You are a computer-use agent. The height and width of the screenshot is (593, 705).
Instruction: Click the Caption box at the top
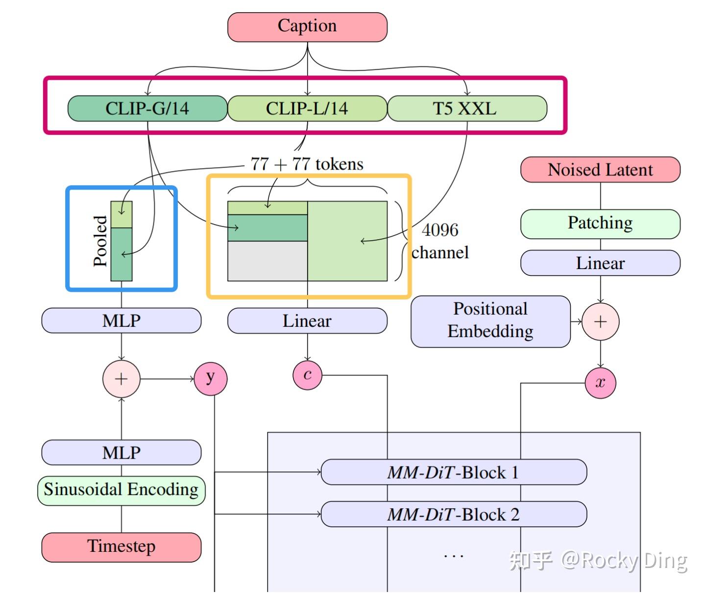point(307,27)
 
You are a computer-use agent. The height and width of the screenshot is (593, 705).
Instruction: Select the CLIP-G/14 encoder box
point(147,108)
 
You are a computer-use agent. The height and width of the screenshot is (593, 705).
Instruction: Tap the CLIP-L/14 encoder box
point(307,108)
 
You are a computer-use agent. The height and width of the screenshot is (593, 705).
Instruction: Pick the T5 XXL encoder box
point(466,108)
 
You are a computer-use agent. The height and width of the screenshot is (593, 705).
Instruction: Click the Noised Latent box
point(600,170)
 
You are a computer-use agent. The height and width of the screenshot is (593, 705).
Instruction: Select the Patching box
point(600,223)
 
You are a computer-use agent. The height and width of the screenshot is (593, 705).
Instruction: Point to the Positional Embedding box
point(490,321)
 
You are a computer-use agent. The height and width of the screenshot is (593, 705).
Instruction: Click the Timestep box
point(122,546)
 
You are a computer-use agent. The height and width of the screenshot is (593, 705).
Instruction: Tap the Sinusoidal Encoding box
point(122,490)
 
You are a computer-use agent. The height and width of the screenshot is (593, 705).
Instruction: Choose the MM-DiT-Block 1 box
point(453,472)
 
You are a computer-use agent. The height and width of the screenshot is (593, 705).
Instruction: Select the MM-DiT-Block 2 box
point(453,514)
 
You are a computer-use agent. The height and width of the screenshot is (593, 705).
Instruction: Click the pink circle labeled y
point(211,378)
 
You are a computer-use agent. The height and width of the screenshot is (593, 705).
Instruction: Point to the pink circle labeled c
point(307,375)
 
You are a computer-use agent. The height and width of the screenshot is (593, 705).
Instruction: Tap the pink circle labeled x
point(600,383)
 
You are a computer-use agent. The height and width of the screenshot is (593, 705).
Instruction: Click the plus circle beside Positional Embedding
point(600,321)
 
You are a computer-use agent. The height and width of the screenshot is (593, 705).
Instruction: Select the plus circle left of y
point(122,379)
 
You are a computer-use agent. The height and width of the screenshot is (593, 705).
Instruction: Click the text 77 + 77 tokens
point(307,164)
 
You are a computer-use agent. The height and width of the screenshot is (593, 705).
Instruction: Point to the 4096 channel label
point(440,241)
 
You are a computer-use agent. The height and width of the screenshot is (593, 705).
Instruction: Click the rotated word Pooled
point(100,241)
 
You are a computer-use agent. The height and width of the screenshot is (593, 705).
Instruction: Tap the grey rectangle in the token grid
point(267,261)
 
